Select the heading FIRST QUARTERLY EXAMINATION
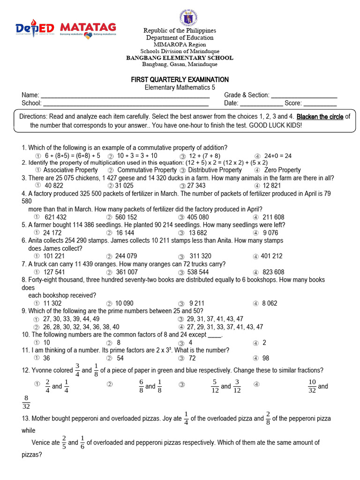point(180,80)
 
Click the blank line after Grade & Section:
point(304,95)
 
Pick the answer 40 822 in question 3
point(53,186)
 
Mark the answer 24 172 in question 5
point(52,232)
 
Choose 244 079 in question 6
point(126,256)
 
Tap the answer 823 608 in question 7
point(273,272)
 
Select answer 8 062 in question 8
point(270,303)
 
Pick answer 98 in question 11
point(266,358)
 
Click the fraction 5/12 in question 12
point(215,386)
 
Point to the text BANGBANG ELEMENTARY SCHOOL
point(180,58)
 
